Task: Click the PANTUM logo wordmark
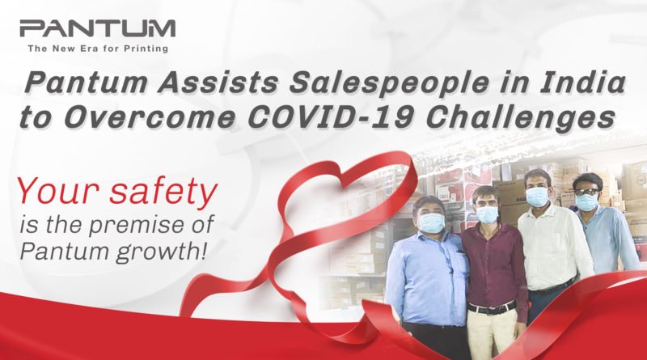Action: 97,28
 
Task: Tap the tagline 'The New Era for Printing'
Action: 98,49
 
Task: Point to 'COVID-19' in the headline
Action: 330,117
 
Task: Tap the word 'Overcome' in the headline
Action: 150,117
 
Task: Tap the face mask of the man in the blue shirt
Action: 432,223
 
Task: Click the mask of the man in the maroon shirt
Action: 488,214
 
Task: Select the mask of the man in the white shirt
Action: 538,197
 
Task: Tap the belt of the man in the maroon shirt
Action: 492,308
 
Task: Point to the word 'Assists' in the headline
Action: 217,83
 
